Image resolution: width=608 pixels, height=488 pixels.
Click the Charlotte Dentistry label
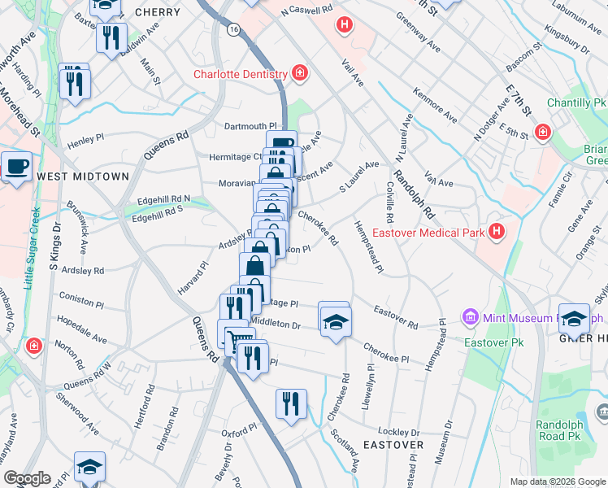(240, 74)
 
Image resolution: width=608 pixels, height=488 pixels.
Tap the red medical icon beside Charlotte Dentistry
(299, 74)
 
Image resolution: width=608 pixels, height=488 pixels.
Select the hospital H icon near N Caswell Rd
(345, 25)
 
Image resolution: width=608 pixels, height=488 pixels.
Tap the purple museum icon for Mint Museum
(469, 316)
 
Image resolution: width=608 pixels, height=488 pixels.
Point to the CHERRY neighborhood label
(158, 12)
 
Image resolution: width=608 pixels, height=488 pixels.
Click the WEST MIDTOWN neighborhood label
(83, 176)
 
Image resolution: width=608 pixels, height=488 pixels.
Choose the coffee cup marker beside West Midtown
(17, 168)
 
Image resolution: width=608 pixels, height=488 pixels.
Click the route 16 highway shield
(234, 28)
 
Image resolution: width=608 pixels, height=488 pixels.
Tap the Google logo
(27, 478)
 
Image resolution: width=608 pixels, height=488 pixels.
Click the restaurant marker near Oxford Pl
(291, 403)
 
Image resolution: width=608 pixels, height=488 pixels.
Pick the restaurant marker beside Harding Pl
(74, 82)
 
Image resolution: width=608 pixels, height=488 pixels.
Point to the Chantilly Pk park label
(576, 103)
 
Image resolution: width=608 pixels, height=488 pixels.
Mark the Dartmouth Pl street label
(251, 126)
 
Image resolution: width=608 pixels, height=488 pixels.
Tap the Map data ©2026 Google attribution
(557, 481)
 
